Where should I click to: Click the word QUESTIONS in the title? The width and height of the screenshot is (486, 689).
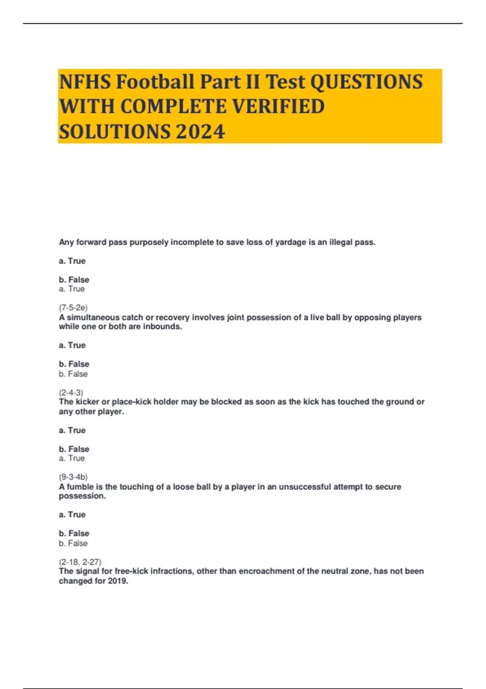(366, 81)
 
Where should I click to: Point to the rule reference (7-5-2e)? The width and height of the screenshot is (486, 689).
(73, 308)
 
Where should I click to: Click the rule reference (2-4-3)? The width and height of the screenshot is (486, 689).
(71, 392)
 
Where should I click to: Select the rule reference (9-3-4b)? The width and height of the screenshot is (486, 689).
(73, 477)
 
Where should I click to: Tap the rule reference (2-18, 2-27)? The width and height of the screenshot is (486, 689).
(80, 562)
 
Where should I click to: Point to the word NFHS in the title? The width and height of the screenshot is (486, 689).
(85, 81)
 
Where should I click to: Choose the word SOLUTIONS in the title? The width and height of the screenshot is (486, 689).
(115, 132)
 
